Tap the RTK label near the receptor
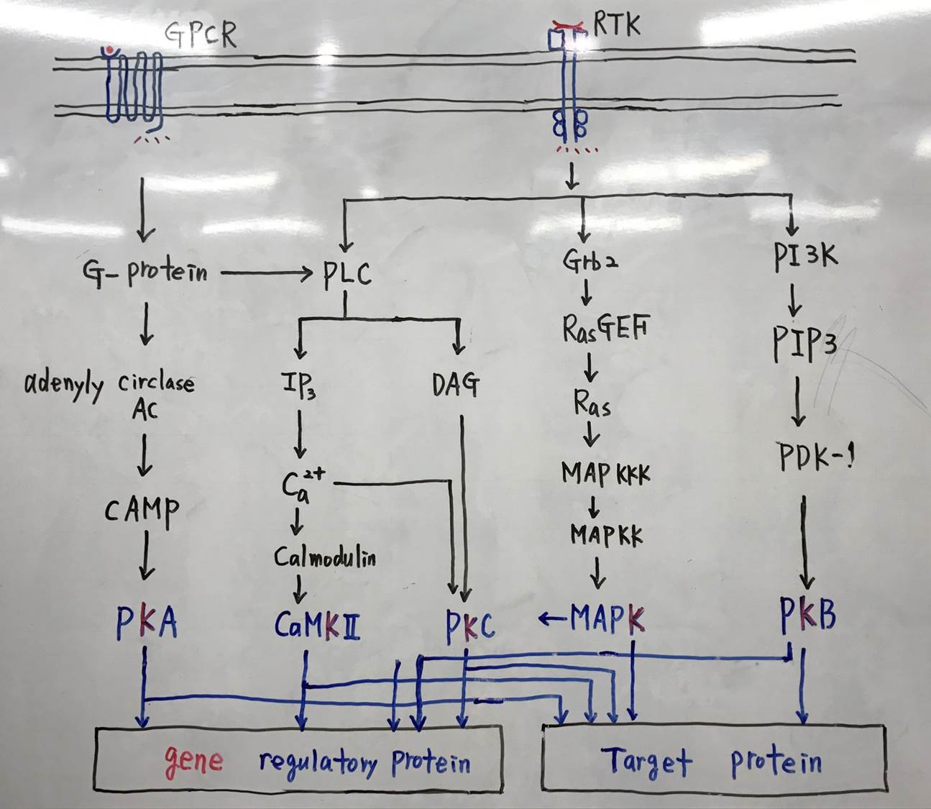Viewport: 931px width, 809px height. point(617,25)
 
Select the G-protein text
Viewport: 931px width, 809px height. point(145,272)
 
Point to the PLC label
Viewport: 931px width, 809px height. point(347,274)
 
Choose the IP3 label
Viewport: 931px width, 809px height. point(298,385)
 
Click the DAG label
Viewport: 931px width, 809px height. point(456,385)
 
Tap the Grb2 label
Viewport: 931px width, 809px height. point(590,260)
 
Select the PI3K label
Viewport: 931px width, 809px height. point(806,256)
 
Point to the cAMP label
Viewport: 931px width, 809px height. point(142,511)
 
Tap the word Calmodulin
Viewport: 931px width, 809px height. point(325,557)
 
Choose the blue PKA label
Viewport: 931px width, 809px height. point(146,623)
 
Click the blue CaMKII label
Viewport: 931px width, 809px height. point(317,625)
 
